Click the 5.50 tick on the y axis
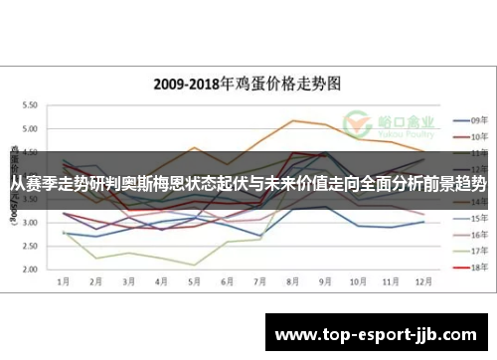(30, 104)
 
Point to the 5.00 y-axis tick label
(30, 128)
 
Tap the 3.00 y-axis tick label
(30, 222)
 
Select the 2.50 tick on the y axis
(30, 246)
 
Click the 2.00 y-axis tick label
(30, 270)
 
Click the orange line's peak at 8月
(292, 120)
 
